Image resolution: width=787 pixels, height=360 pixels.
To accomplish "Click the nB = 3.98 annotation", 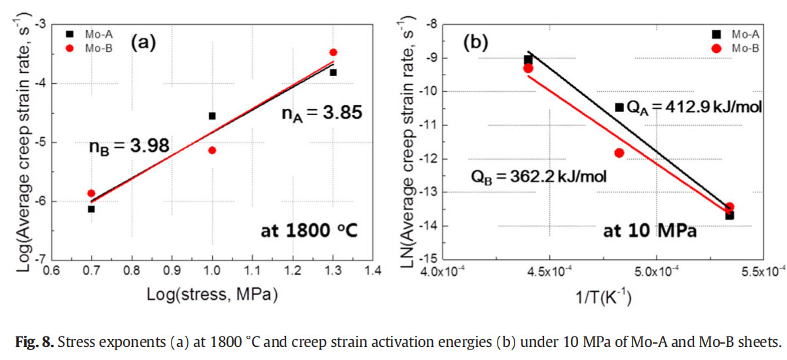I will pyautogui.click(x=129, y=146).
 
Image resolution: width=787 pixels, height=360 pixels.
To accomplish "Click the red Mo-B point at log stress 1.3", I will pyautogui.click(x=333, y=52).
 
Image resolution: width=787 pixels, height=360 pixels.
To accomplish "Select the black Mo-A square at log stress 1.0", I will pyautogui.click(x=212, y=116).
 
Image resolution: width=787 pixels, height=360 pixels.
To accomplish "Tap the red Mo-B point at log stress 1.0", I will pyautogui.click(x=212, y=150).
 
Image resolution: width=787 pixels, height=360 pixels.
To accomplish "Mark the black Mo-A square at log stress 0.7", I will pyautogui.click(x=91, y=209).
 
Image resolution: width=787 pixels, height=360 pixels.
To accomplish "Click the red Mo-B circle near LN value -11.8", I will pyautogui.click(x=619, y=153).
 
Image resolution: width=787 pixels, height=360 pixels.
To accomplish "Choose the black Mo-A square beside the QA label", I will pyautogui.click(x=619, y=107).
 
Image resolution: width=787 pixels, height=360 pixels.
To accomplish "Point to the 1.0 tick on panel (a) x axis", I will pyautogui.click(x=212, y=269).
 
